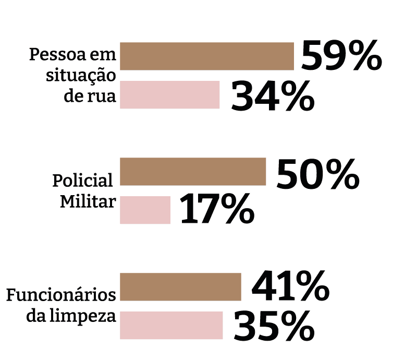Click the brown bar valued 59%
pos(207,56)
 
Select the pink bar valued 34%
pos(170,94)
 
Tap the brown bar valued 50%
pos(193,171)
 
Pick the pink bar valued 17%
pos(145,210)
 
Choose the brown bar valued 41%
pos(181,286)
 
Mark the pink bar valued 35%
pos(171,325)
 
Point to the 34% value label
pos(273,96)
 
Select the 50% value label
pos(317,174)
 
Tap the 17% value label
pos(217,210)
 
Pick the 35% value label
pos(274,327)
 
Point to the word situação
pos(81,76)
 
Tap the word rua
pos(102,97)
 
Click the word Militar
pos(87,201)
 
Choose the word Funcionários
pos(60,295)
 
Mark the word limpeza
pos(92,317)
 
